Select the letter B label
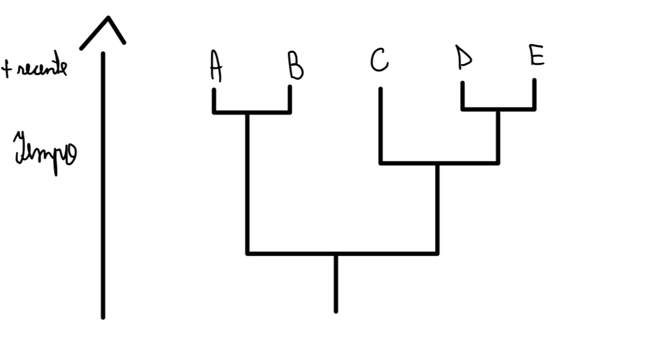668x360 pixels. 295,66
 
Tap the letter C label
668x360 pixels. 379,60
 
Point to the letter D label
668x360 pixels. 464,58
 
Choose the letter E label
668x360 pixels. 536,56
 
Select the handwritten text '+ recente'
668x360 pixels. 35,68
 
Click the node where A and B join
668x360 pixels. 247,112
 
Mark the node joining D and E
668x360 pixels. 498,109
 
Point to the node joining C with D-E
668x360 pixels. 437,163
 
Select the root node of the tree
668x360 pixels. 336,254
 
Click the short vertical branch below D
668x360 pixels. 463,95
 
